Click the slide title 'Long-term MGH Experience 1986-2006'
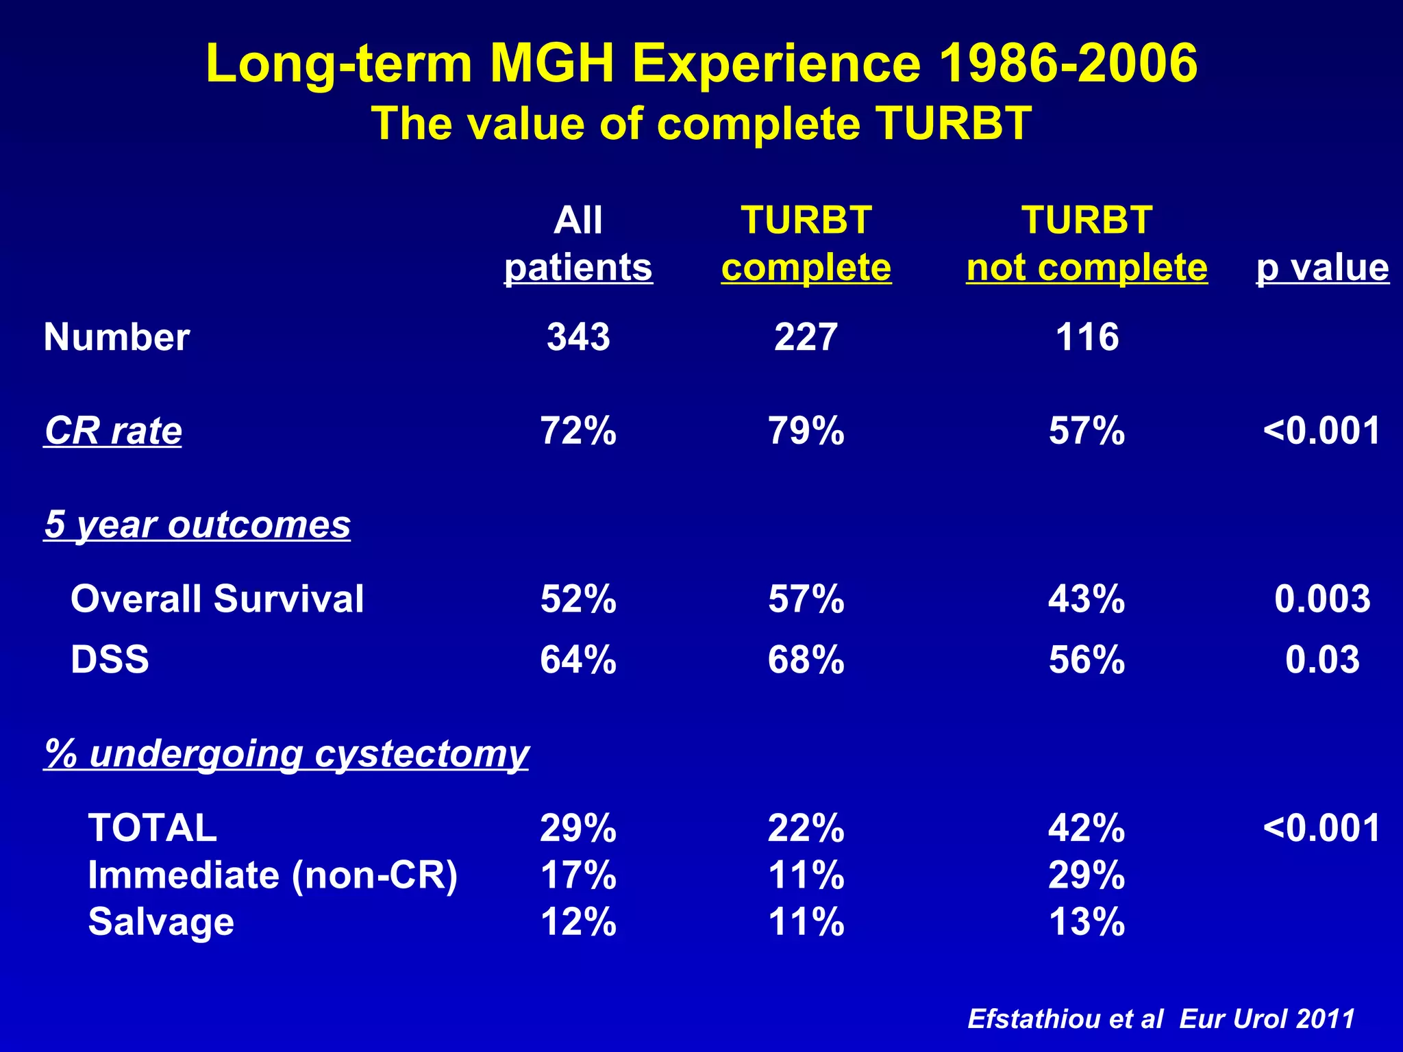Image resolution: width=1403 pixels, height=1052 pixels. pos(701,63)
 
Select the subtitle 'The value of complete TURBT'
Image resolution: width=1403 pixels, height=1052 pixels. pos(701,124)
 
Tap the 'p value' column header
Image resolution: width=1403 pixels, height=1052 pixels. pos(1322,267)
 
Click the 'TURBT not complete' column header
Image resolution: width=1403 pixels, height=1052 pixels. pos(1087,244)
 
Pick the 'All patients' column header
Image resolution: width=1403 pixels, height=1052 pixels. pos(578,244)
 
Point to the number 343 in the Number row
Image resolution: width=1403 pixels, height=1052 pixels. pos(578,337)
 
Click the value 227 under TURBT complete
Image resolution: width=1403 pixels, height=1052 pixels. pos(806,337)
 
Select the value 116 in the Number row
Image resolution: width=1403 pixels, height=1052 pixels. pos(1087,337)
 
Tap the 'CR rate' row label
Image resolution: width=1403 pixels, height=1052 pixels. pos(113,431)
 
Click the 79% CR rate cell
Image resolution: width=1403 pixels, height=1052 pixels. pos(806,431)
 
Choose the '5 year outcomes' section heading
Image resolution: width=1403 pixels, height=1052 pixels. pos(197,525)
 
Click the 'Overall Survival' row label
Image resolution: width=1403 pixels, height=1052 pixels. pos(217,599)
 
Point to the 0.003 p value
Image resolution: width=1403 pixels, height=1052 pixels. pos(1322,599)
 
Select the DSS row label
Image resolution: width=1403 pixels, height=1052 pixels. pos(110,659)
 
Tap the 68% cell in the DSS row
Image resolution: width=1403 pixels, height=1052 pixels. pos(806,659)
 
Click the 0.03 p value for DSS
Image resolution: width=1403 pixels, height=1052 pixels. pos(1322,659)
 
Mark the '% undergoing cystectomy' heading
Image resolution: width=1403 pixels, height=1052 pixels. pos(286,753)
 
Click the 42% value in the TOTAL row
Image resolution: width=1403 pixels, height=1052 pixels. pos(1087,827)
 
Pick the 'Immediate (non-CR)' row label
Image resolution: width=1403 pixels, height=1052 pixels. pos(273,875)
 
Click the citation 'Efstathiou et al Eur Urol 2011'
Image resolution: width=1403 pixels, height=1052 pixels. pos(1161,1018)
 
